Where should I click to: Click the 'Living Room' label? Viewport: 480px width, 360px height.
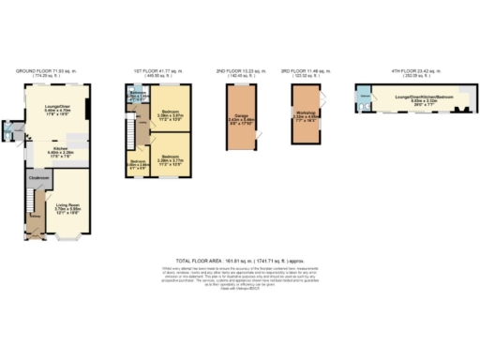(x=67, y=203)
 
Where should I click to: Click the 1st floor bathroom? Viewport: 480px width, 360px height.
(x=137, y=96)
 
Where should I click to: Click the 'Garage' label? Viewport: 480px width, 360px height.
(x=241, y=117)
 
